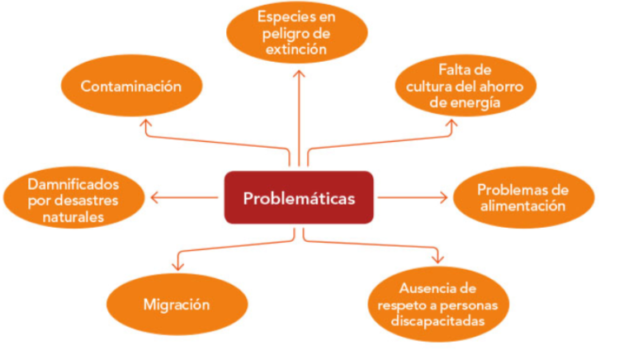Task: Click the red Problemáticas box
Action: pos(298,197)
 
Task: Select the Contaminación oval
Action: pos(130,86)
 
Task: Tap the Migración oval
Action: pos(176,304)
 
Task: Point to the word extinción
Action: pos(298,49)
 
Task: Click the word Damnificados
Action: pos(73,183)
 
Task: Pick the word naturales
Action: pos(73,218)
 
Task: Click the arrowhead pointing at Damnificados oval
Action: pos(154,197)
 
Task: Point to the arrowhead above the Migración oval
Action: pos(176,264)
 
